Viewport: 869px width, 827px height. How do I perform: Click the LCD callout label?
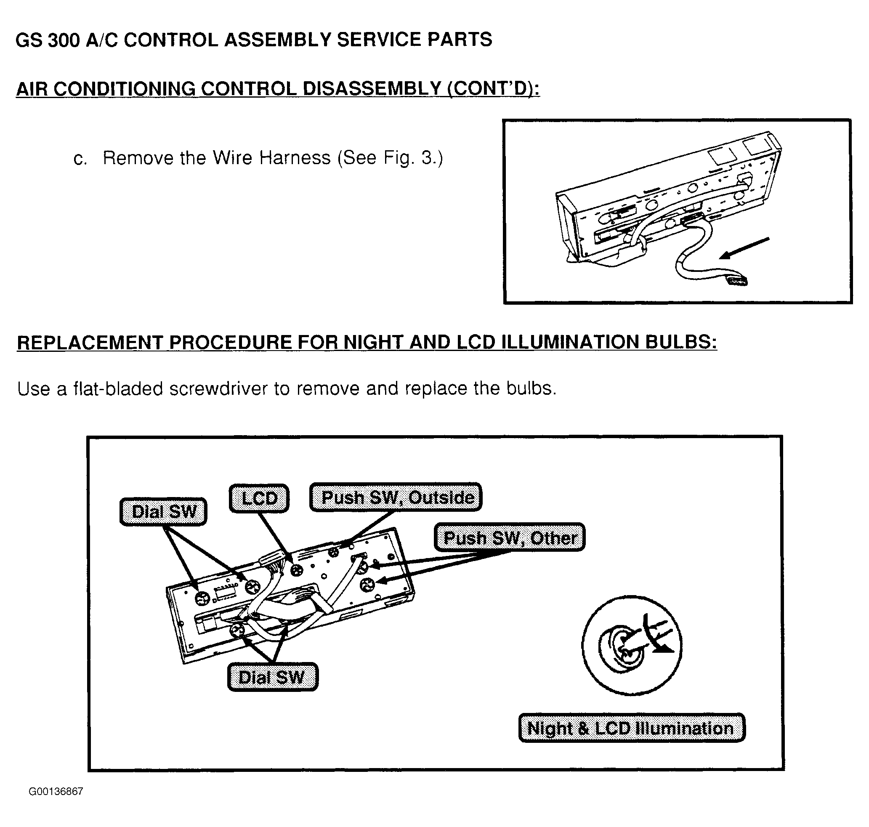pos(259,498)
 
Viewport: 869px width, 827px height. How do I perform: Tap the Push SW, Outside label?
pos(396,497)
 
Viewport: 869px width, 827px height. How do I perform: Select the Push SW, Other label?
pos(509,537)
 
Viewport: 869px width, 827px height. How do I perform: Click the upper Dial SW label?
pos(163,511)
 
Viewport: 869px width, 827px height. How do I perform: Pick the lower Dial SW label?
pos(272,677)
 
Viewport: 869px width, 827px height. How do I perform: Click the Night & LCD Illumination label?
pos(632,728)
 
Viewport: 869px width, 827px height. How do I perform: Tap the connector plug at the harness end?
pos(738,280)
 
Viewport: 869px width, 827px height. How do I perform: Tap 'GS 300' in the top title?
pos(48,40)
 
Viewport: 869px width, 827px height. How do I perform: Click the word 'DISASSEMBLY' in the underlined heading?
pos(372,89)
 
